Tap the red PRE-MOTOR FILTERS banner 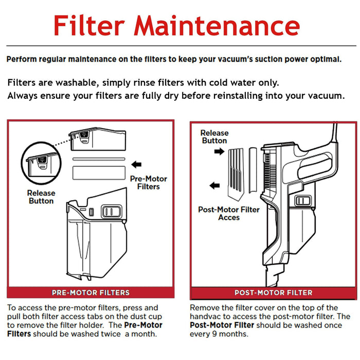tap(91, 293)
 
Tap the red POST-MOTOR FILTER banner tap(273, 293)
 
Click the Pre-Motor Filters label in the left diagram tap(148, 183)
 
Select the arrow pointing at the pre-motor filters tap(136, 165)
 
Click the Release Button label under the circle tap(41, 197)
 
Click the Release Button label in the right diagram tap(214, 137)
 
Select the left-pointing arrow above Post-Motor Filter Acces tap(215, 186)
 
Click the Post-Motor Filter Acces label tap(229, 213)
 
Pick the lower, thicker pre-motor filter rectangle tap(99, 172)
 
